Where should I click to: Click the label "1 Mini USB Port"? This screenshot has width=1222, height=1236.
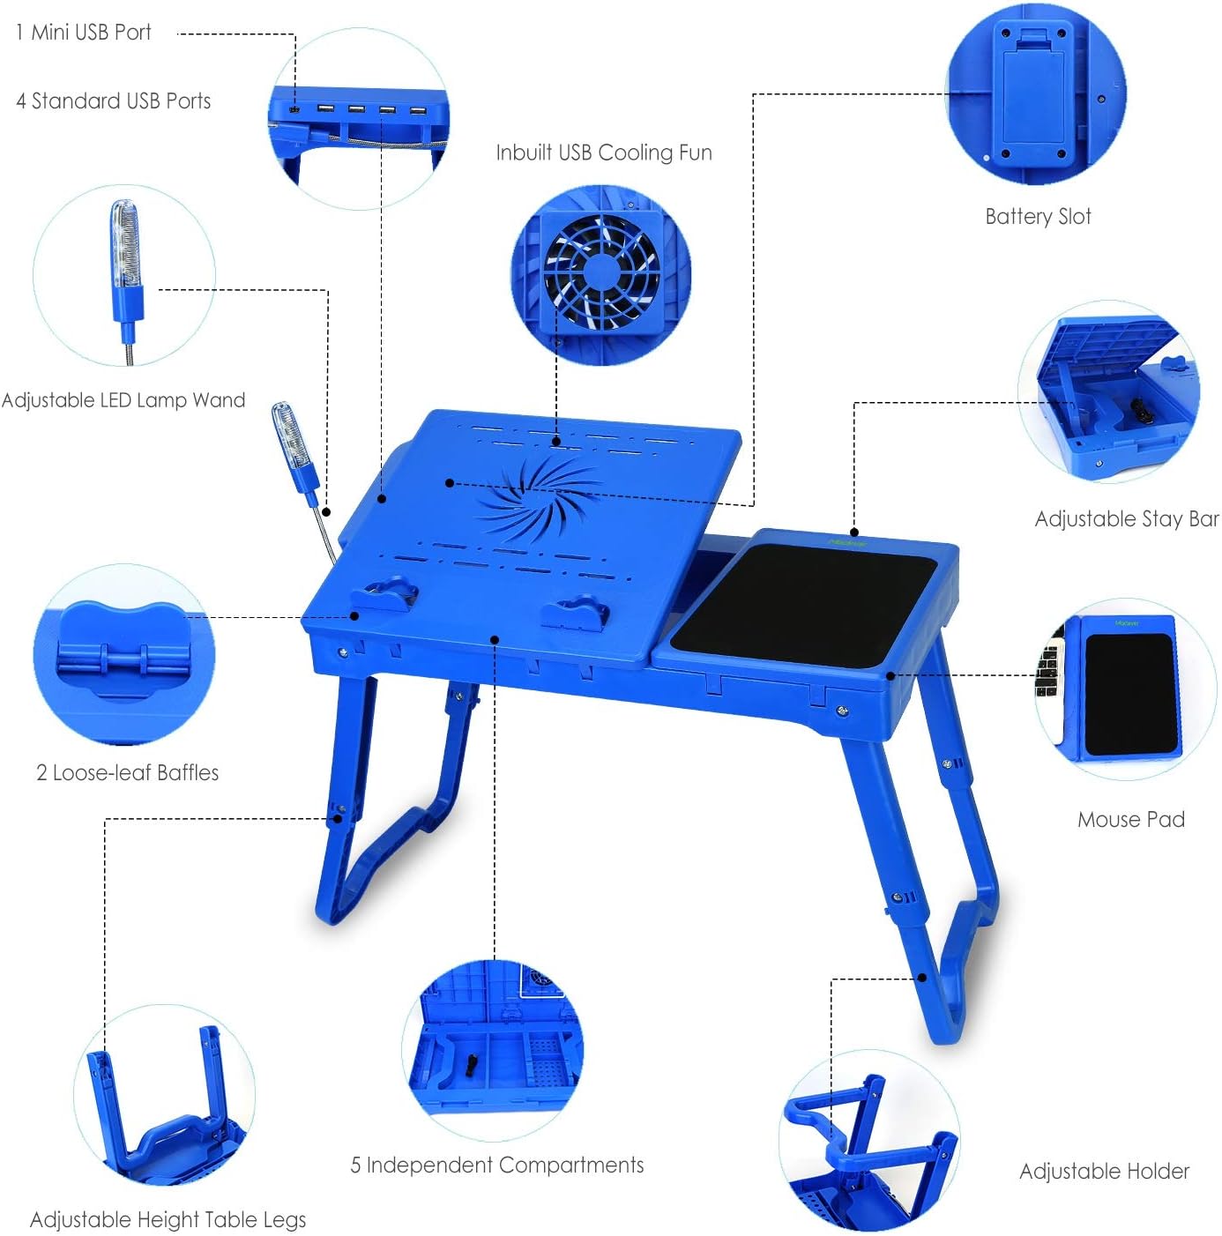pyautogui.click(x=84, y=33)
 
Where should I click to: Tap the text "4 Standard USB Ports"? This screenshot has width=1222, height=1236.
pyautogui.click(x=114, y=101)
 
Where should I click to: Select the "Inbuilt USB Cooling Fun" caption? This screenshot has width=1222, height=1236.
pyautogui.click(x=603, y=153)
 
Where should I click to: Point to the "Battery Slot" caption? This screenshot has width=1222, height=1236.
pyautogui.click(x=1038, y=217)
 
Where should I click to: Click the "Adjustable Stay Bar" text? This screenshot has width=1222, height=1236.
pyautogui.click(x=1126, y=519)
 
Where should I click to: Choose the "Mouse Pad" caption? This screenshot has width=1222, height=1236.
pyautogui.click(x=1130, y=820)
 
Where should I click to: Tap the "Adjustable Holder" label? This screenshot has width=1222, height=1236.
pyautogui.click(x=1104, y=1172)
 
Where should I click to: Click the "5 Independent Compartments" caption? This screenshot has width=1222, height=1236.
pyautogui.click(x=497, y=1165)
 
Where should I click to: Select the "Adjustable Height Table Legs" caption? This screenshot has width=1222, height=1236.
pyautogui.click(x=168, y=1220)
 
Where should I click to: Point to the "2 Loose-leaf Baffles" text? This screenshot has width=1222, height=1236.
pyautogui.click(x=128, y=773)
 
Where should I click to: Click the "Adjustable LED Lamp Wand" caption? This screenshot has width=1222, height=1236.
pyautogui.click(x=123, y=400)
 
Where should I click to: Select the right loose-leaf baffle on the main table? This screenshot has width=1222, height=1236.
pyautogui.click(x=573, y=612)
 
